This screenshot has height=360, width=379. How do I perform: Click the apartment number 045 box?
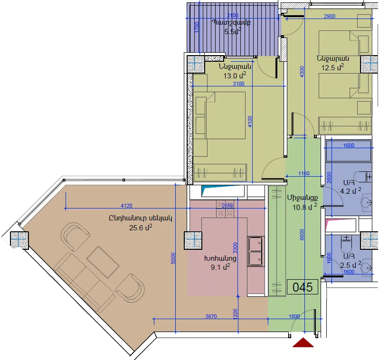(x=303, y=287)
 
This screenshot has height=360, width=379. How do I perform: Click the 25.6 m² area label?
(x=141, y=227)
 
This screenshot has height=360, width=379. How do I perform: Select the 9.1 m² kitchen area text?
(x=220, y=267)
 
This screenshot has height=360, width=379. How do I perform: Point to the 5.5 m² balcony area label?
(x=233, y=31)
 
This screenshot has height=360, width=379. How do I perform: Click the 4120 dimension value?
(x=126, y=206)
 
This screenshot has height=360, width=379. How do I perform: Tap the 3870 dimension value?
(x=211, y=316)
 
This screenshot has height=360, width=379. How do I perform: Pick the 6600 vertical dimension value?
(x=302, y=235)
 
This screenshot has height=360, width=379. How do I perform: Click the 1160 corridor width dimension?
(x=304, y=173)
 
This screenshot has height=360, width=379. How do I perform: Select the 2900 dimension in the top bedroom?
(x=330, y=16)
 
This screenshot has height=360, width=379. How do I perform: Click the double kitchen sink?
(x=256, y=251)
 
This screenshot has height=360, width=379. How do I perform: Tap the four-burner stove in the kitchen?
(x=225, y=209)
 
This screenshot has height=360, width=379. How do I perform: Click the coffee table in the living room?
(x=103, y=262)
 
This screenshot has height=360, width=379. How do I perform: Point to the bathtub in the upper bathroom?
(x=349, y=151)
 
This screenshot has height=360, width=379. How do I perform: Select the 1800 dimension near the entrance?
(x=294, y=316)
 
